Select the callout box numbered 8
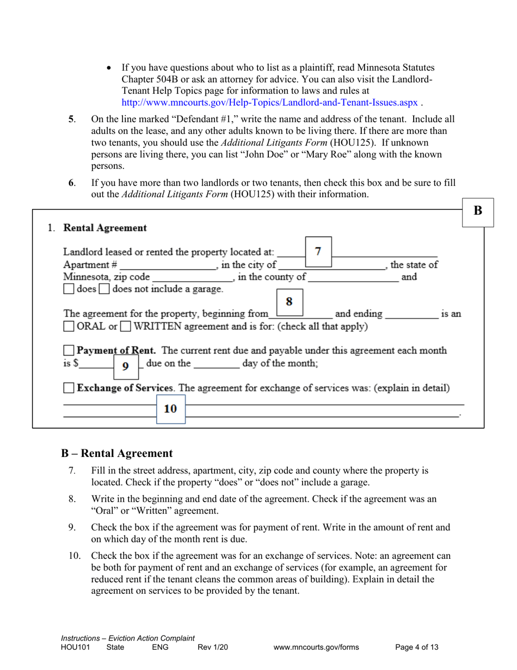click(290, 301)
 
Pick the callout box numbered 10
click(170, 409)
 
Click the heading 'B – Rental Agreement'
click(116, 453)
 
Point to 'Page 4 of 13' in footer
click(416, 647)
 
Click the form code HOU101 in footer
click(73, 647)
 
